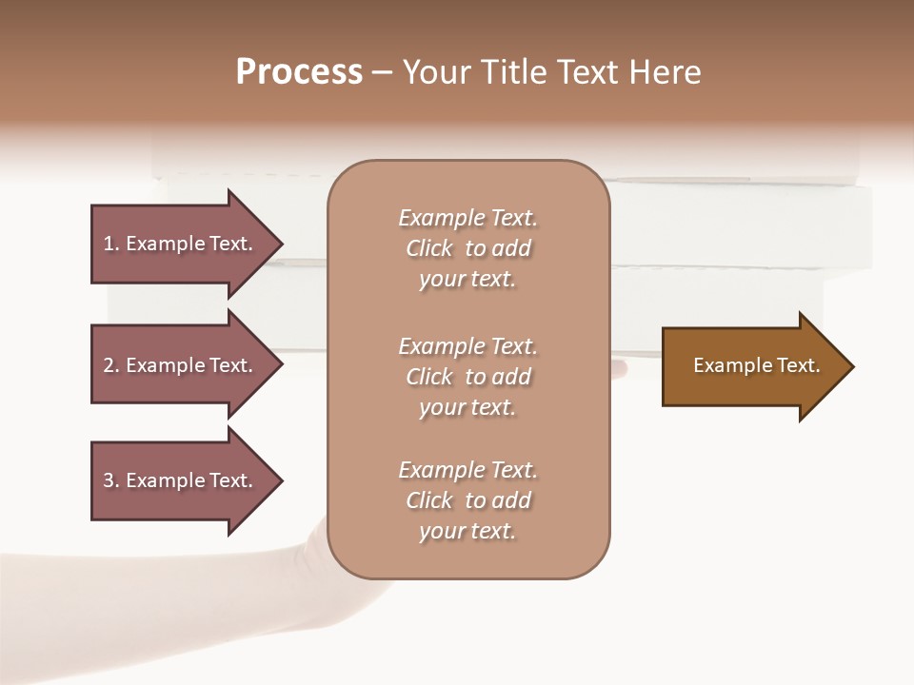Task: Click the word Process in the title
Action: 299,72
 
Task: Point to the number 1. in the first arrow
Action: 111,244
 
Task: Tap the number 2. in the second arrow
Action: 111,365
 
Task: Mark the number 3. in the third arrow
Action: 111,480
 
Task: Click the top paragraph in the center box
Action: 467,248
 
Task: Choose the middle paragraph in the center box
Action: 467,377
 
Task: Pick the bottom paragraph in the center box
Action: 467,500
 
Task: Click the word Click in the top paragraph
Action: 429,248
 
